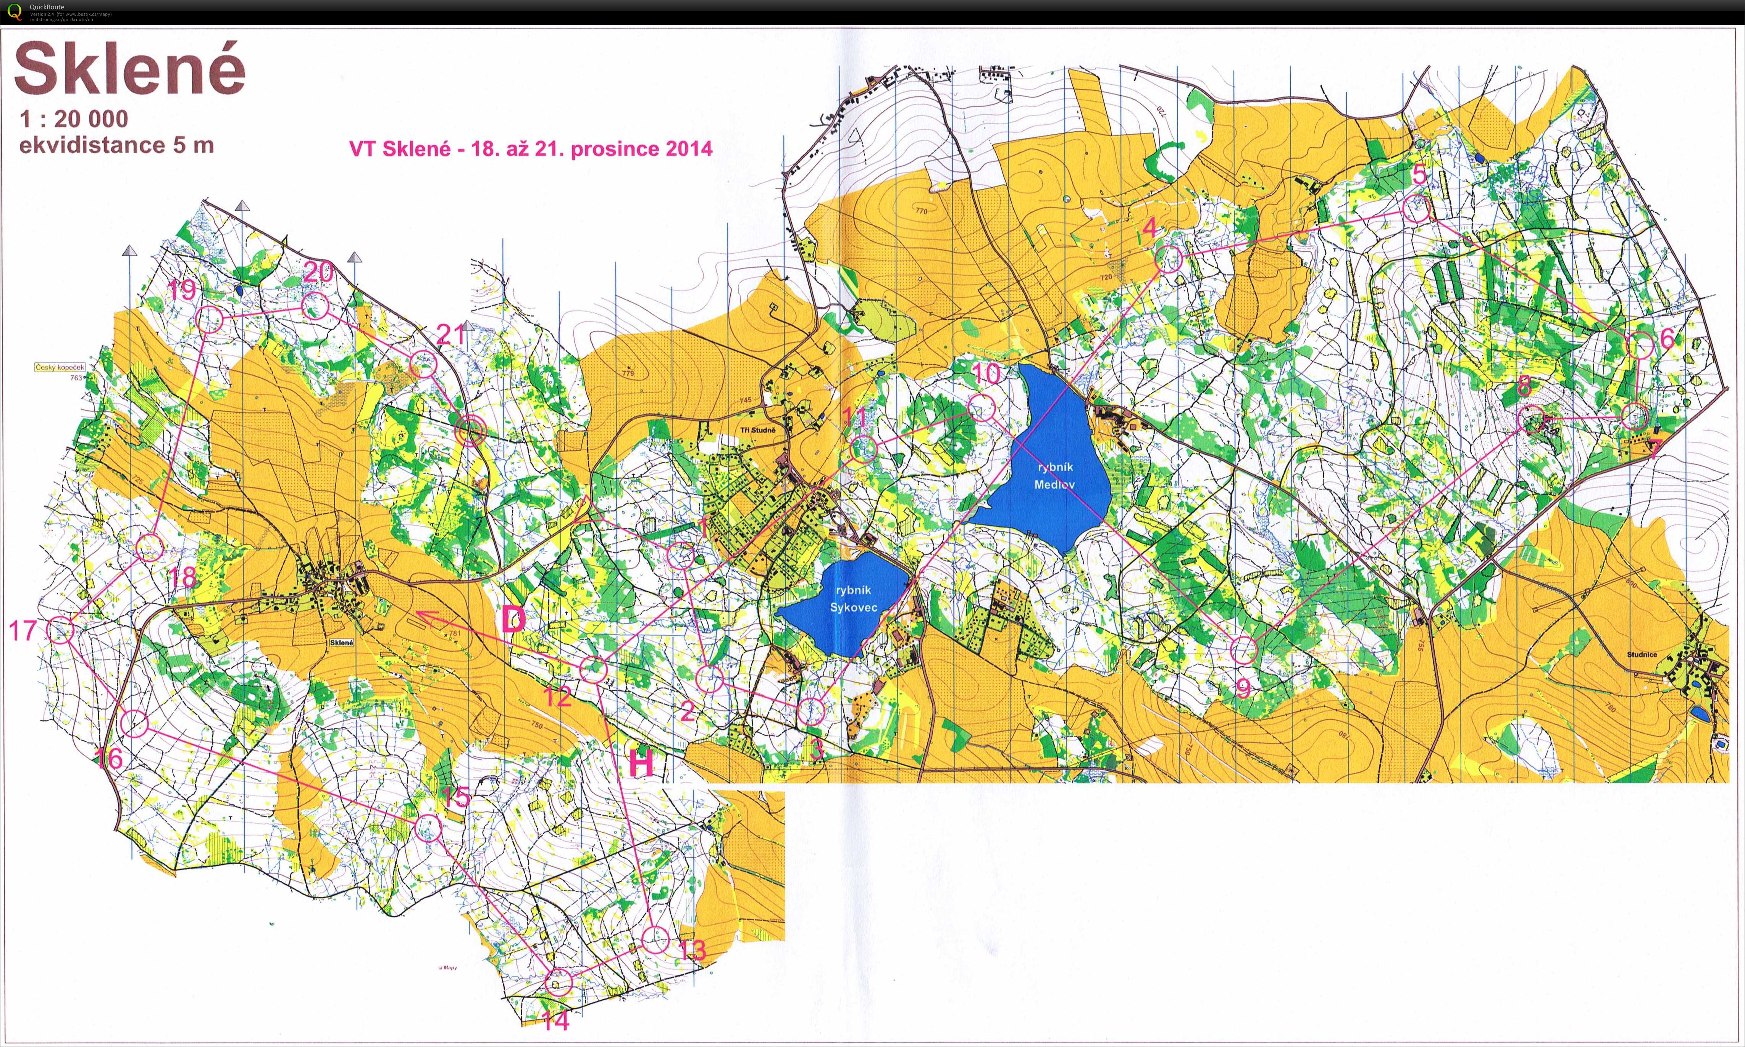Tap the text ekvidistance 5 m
coord(116,145)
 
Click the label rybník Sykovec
coord(854,599)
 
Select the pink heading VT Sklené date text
coord(531,149)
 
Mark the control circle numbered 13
coord(656,939)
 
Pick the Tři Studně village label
coord(757,429)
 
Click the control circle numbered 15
coord(428,828)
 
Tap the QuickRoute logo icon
coord(14,12)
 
